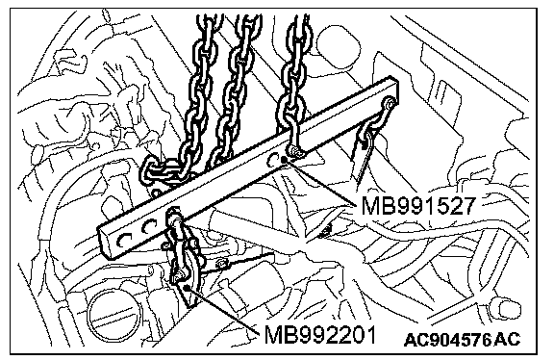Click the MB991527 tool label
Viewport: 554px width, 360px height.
[x=416, y=205]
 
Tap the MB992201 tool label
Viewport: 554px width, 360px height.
[x=319, y=335]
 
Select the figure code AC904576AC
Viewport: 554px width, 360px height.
[x=463, y=340]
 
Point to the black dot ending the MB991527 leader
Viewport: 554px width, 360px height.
[x=284, y=160]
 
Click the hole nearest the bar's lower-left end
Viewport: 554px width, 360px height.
[x=124, y=241]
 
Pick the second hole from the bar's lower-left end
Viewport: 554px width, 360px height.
[x=149, y=227]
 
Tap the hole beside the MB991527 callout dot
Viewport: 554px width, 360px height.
[x=272, y=159]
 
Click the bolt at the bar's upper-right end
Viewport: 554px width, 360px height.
[x=389, y=102]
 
